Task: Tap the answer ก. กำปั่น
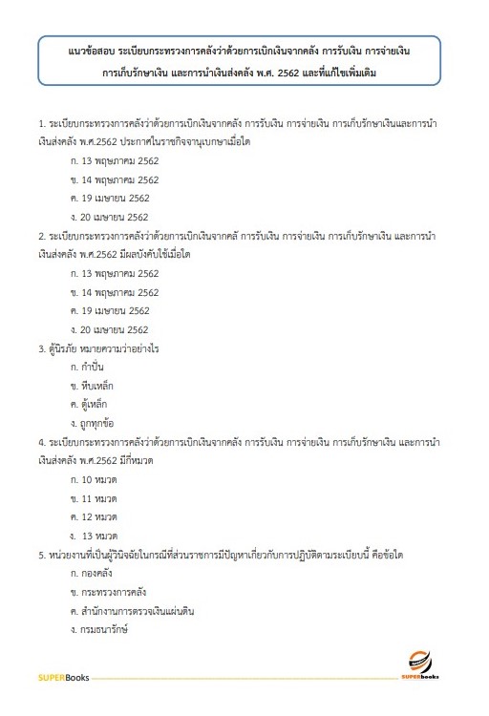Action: (x=93, y=367)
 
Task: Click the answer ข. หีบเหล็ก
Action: (x=96, y=385)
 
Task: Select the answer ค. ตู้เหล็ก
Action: (x=95, y=404)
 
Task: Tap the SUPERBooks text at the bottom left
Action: (x=63, y=678)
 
